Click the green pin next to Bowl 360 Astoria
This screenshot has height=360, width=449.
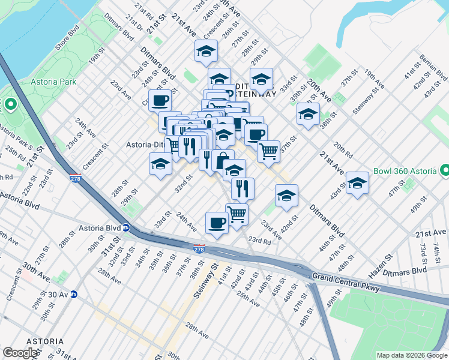coord(445,171)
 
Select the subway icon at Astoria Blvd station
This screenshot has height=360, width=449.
coord(126,228)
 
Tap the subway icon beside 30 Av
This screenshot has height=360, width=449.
coord(74,294)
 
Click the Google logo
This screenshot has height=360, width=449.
coord(20,353)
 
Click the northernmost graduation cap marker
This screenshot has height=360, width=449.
coord(206,51)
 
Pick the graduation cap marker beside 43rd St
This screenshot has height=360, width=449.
coord(357,184)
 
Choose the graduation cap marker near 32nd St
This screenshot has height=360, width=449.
coord(160,164)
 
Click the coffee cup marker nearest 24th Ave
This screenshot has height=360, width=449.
coord(217,223)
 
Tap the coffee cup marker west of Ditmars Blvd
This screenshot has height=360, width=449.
coord(160,100)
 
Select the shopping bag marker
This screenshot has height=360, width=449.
coord(223,160)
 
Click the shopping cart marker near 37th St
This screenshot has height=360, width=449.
coord(268,150)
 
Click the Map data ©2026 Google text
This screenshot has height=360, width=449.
coord(411,355)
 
